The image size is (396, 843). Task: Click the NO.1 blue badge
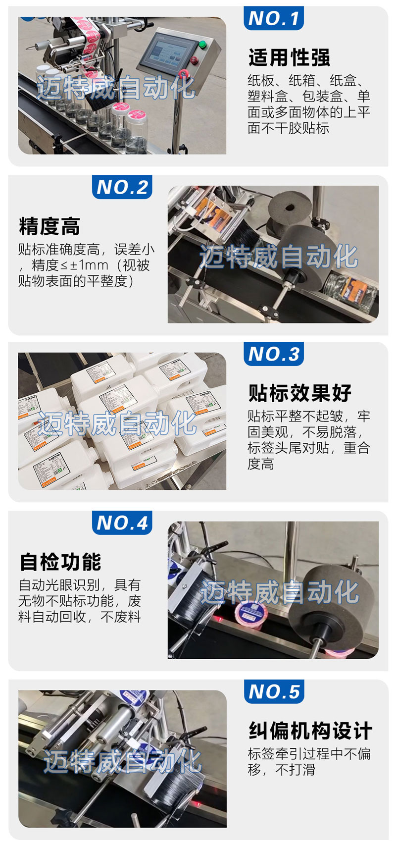point(273,18)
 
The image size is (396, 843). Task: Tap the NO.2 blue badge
point(122,187)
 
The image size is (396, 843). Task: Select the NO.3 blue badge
point(273,354)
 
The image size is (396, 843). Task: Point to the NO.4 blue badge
point(122,523)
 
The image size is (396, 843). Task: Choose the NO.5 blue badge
point(274,691)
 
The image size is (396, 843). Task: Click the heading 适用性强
point(289,57)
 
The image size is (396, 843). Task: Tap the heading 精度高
point(49,226)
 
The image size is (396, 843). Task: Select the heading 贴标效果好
point(300,393)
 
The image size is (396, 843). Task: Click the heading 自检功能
point(60,562)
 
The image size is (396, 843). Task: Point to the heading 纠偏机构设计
point(310,731)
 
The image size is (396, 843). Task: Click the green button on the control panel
point(202,44)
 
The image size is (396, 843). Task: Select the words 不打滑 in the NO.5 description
point(295,770)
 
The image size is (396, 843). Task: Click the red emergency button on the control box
point(194,60)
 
